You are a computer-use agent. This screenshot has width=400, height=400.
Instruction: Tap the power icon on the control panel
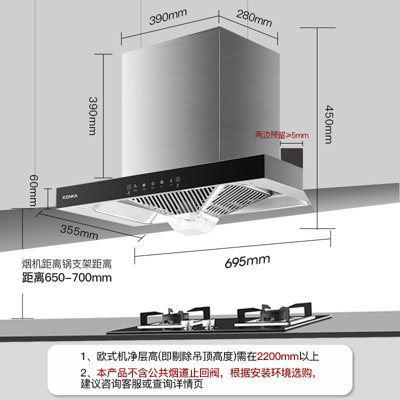161,181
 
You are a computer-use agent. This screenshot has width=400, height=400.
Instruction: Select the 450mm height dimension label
328,123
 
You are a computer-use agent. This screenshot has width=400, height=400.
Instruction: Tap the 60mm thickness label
33,190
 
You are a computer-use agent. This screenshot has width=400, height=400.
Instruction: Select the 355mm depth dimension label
79,231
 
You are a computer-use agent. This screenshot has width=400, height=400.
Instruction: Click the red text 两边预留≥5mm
282,135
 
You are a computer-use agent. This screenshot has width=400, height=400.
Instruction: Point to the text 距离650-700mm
66,277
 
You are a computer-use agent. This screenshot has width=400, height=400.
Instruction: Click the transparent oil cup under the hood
192,222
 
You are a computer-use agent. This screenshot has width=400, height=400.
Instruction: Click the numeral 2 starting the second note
83,373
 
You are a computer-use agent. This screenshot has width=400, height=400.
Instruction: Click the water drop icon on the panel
171,181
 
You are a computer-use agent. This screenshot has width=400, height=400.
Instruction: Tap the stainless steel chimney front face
170,110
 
